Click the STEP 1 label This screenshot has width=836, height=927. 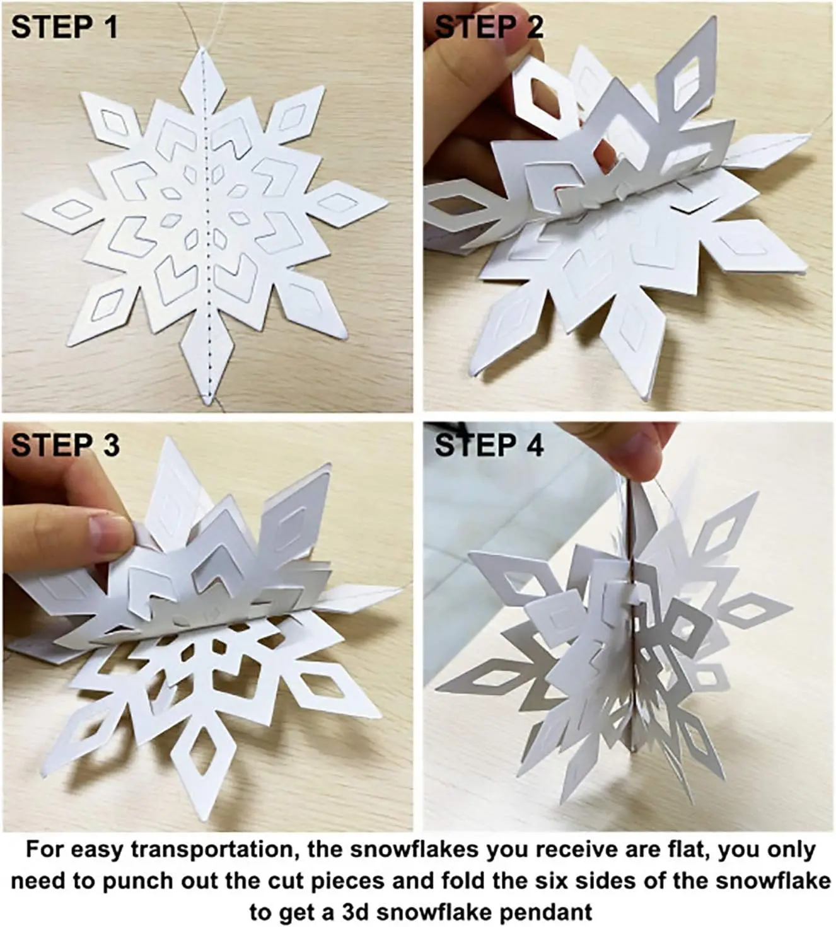click(x=64, y=27)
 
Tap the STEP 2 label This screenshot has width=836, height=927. click(x=489, y=27)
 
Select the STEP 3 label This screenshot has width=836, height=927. click(x=65, y=446)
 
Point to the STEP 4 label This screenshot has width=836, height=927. click(x=489, y=446)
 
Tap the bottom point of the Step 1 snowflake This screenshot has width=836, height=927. click(x=207, y=403)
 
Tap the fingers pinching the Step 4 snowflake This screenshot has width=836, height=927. click(x=634, y=454)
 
